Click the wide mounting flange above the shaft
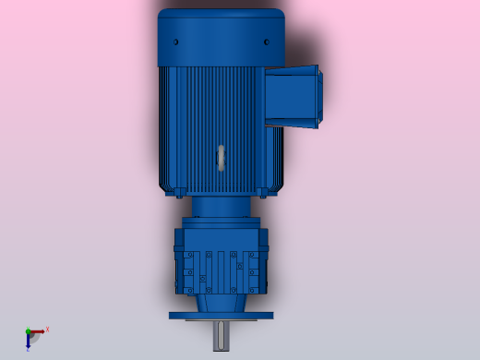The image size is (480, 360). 222,315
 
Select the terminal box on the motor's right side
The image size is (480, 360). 294,95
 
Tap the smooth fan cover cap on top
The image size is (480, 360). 222,37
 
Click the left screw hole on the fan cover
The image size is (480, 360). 176,42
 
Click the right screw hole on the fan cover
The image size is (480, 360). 267,42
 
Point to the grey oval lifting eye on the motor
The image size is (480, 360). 222,157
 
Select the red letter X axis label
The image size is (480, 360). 47,329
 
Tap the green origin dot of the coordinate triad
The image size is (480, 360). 28,330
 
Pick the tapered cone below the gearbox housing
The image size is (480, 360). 222,301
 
